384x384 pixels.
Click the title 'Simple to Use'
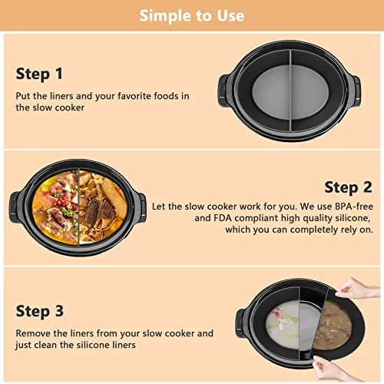pos(192,15)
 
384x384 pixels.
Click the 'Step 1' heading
pos(39,74)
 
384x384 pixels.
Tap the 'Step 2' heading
pos(348,187)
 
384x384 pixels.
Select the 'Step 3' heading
pos(39,311)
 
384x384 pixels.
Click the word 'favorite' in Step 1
pos(134,96)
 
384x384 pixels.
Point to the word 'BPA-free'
pos(354,207)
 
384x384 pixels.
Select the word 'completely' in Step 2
pos(314,230)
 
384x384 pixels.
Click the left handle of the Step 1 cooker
pos(223,91)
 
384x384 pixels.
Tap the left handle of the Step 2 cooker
pos(15,207)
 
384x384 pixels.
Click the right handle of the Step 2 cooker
pos(141,208)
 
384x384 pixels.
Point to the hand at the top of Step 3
pos(357,288)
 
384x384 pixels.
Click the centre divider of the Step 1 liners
pos(290,90)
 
